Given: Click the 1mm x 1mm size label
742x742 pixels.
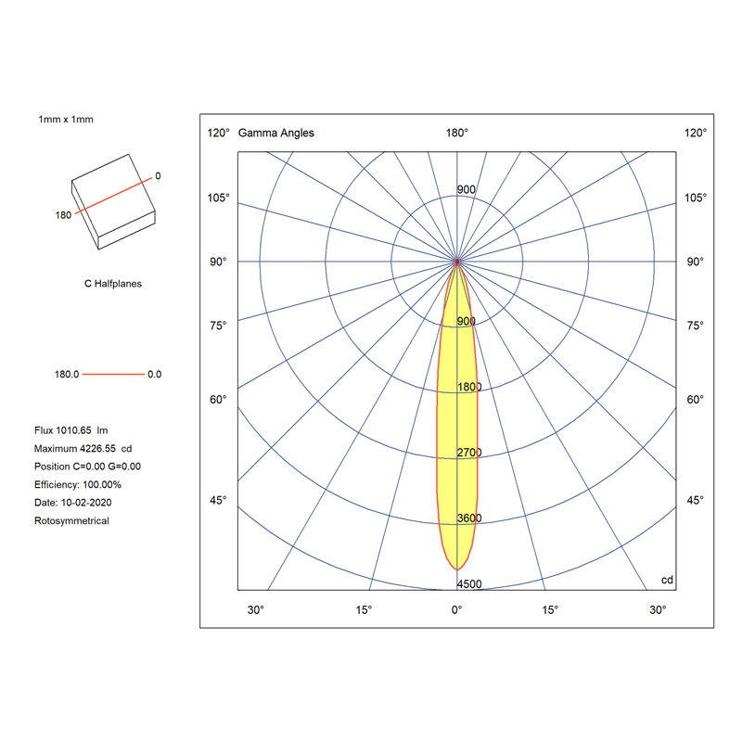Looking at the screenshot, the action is click(66, 120).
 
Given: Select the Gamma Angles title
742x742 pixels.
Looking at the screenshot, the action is click(275, 133).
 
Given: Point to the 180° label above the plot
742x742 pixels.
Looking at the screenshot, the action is click(456, 133).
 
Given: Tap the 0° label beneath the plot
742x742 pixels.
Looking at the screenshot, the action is click(456, 610).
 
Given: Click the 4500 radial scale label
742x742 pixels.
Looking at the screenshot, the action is click(469, 584).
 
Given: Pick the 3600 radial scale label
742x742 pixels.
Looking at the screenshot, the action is click(469, 518).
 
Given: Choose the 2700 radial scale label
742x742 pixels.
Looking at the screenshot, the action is click(469, 453).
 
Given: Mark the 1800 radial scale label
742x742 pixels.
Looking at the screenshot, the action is click(469, 387).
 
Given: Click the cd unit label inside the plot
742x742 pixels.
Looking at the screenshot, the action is click(667, 580).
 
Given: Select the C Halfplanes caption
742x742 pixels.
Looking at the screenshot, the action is click(113, 284).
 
